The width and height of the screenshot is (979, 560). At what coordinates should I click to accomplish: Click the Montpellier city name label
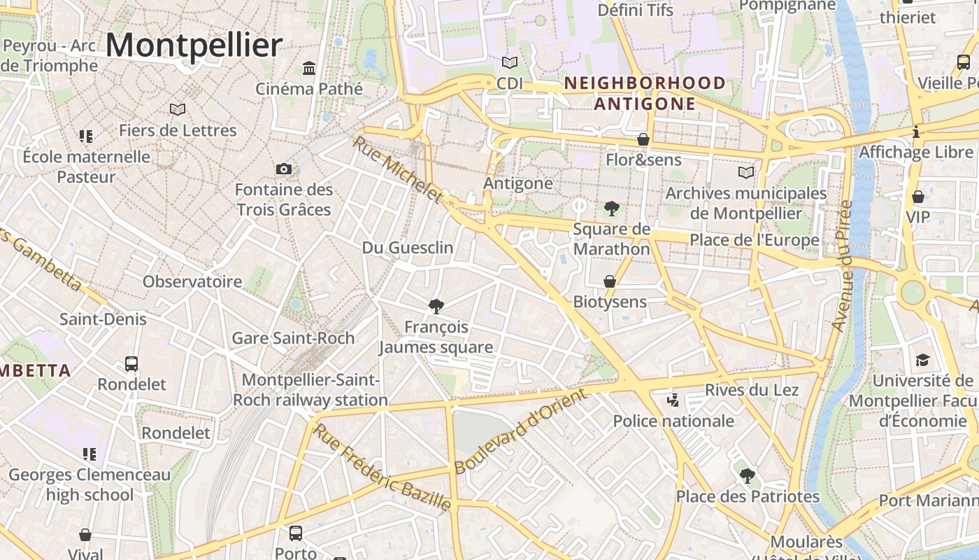pos(194,45)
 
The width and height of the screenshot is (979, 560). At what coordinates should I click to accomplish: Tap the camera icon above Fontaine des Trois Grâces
pos(283,169)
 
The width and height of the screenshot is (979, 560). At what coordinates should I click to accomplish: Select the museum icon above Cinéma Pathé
pos(308,68)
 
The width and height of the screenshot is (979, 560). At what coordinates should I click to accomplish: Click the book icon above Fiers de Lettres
pos(178,109)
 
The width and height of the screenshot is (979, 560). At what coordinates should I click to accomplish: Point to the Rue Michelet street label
pos(397,170)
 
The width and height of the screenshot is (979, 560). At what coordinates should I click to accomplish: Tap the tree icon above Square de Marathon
pos(611,208)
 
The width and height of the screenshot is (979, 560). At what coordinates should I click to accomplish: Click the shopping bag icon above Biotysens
pos(610,281)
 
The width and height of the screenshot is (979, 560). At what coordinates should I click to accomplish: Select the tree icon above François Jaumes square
pos(436,306)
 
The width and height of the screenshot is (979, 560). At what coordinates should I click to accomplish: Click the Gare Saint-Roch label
pos(293,338)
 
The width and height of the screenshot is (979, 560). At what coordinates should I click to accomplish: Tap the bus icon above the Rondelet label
pos(131,364)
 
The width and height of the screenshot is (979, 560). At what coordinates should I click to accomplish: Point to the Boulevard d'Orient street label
pos(521,432)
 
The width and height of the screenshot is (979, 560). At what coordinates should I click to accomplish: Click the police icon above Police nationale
pos(673,400)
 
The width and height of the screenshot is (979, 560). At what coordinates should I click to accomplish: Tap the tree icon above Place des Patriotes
pos(747,476)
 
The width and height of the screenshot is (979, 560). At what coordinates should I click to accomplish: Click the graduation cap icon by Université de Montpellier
pos(922,360)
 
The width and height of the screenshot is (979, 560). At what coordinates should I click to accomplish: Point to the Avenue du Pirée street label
pos(841,267)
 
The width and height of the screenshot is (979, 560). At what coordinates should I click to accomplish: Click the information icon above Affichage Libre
pos(916,132)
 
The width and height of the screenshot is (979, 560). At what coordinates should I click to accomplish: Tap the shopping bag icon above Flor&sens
pos(643,139)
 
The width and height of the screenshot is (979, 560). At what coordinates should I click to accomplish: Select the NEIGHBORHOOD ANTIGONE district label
pos(645,94)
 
